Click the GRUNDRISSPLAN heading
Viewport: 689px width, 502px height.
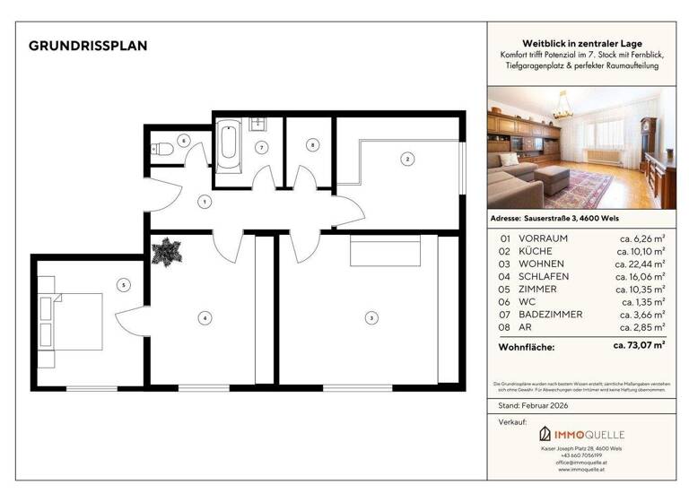(88, 46)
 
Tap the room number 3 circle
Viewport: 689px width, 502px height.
(371, 316)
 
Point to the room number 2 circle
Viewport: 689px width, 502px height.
(407, 160)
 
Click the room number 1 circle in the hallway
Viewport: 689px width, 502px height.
(205, 203)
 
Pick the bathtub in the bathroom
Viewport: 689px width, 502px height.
(228, 148)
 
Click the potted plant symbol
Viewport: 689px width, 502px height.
(166, 252)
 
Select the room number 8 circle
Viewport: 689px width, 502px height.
(312, 144)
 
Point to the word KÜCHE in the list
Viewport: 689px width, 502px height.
(538, 251)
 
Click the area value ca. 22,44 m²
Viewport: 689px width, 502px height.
(639, 264)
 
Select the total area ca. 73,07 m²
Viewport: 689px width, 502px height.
(638, 344)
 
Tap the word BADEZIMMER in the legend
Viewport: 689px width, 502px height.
(551, 315)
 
